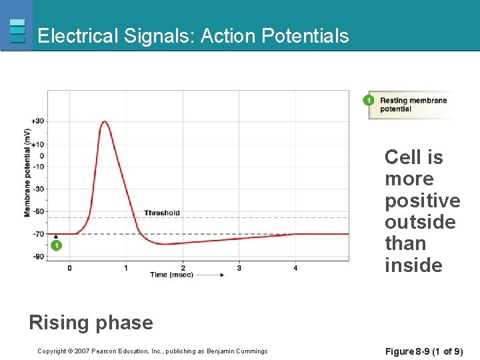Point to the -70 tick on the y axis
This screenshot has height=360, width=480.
coord(38,234)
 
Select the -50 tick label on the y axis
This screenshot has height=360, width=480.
coord(38,211)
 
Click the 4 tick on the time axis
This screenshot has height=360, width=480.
coord(295,268)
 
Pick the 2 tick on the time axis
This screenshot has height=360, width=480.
coord(183,268)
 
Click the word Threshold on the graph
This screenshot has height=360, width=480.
coord(162,213)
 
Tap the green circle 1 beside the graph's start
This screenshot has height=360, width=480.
coord(56,246)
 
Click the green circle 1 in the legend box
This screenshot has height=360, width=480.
coord(368,101)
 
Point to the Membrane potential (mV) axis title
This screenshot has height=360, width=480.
coord(27,172)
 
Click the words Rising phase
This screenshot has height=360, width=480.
coord(91,323)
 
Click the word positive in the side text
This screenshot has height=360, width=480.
coord(422,201)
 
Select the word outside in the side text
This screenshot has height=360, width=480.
coord(420,222)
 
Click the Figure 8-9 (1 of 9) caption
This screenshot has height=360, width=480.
coord(425,351)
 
